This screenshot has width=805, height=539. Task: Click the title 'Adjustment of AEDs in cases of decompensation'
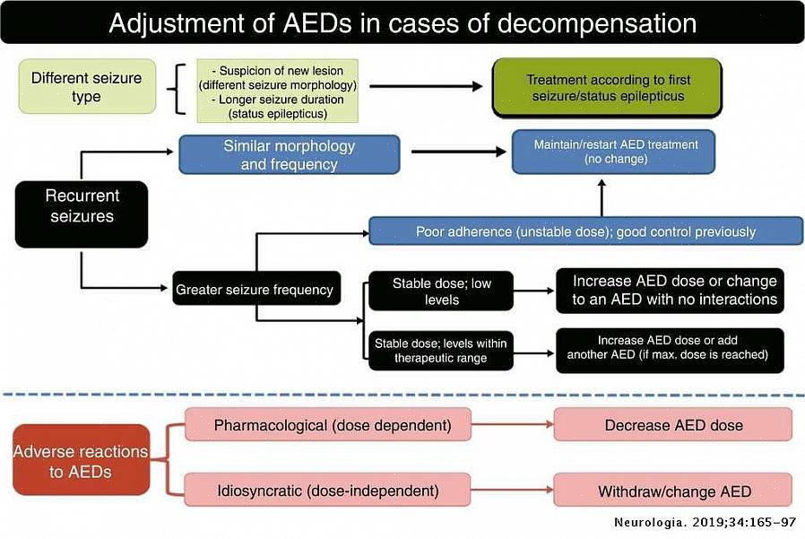402,22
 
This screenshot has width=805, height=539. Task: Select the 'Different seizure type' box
86,87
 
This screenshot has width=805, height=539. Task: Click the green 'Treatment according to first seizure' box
608,88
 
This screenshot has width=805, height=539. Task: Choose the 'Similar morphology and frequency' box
289,154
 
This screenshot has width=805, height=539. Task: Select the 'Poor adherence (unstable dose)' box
585,231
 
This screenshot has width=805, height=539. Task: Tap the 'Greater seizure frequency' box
255,289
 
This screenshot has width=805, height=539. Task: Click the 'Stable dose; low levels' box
441,291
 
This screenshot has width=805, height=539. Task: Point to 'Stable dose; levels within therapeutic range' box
441,351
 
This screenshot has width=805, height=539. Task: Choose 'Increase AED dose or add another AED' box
668,349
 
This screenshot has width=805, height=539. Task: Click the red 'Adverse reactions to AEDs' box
81,460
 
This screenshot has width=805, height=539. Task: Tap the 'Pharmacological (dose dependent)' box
328,425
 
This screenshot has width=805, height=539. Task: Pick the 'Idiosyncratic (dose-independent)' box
328,491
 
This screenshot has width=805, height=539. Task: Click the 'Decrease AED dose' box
673,425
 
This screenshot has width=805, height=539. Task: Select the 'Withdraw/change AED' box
673,491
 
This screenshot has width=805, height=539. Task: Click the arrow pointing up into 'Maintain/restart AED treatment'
602,195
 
